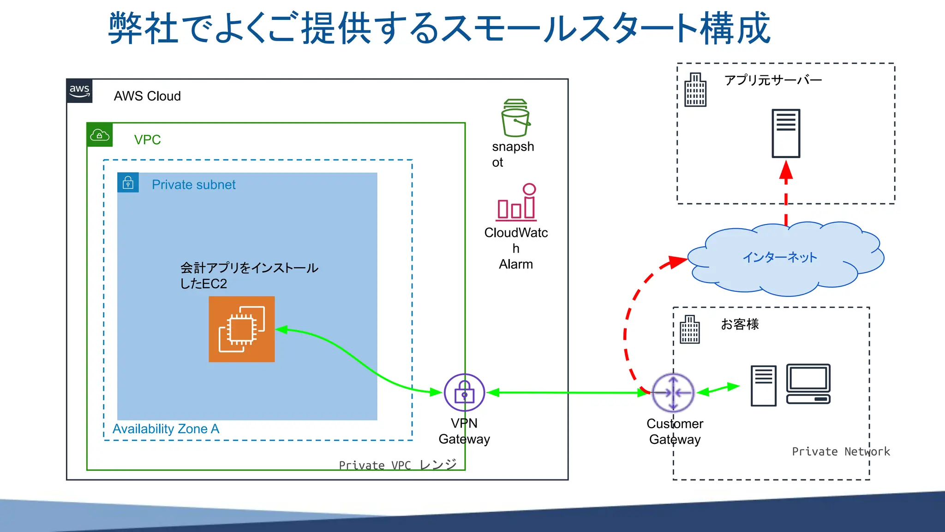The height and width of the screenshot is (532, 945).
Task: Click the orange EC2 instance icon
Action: [x=241, y=329]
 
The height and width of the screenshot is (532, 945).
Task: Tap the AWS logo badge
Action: [x=79, y=91]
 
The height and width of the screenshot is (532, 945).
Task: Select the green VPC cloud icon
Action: [x=100, y=135]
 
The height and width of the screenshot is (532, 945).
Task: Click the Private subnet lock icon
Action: [x=128, y=183]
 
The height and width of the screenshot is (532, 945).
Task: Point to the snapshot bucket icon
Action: [x=515, y=118]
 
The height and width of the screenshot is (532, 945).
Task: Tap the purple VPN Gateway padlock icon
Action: [x=464, y=393]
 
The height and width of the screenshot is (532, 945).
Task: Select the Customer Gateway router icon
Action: [x=673, y=393]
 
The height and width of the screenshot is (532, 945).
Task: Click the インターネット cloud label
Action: [x=780, y=257]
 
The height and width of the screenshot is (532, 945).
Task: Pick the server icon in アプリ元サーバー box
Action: [x=786, y=133]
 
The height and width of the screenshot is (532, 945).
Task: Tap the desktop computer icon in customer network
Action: [x=808, y=384]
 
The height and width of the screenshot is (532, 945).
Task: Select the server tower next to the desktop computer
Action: [x=763, y=386]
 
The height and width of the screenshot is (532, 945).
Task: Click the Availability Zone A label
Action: [x=166, y=429]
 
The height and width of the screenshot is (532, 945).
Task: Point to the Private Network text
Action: [x=841, y=452]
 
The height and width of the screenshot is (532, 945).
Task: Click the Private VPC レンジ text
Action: [x=398, y=465]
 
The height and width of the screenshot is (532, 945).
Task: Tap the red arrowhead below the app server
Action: [x=786, y=170]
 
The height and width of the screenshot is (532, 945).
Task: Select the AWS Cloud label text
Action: [x=147, y=96]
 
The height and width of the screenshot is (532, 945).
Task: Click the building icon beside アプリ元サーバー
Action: [x=695, y=90]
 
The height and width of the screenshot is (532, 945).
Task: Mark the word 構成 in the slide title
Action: [x=735, y=29]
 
